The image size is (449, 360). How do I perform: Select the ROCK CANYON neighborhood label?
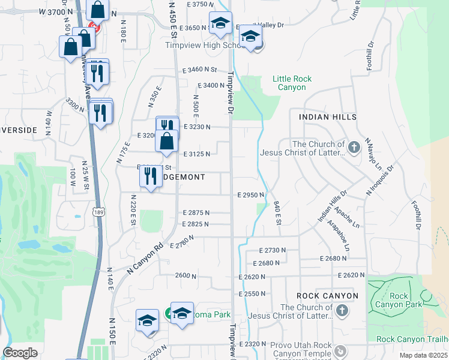327,296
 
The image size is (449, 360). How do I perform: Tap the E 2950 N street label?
252,195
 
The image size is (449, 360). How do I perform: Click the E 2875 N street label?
196,212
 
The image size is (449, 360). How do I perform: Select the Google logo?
20,353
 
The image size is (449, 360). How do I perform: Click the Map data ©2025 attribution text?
424,355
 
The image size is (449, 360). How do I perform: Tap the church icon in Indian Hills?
355,146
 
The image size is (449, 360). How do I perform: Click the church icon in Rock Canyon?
342,310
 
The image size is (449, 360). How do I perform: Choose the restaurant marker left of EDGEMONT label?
149,176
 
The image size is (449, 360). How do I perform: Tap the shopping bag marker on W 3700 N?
96,10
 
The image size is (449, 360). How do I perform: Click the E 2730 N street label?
274,250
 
